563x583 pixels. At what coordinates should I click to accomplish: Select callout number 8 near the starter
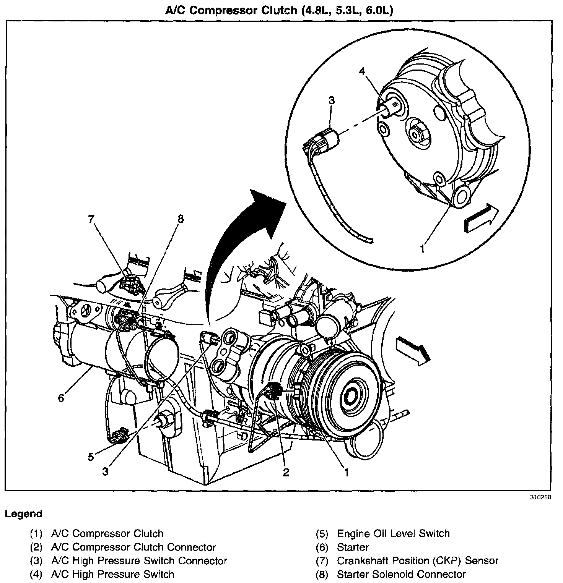pyautogui.click(x=180, y=219)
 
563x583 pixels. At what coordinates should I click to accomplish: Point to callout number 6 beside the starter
pyautogui.click(x=61, y=398)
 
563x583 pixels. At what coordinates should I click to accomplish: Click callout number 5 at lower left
pyautogui.click(x=91, y=457)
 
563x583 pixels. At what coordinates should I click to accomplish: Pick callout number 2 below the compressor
pyautogui.click(x=285, y=473)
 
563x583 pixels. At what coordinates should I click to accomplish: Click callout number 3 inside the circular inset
pyautogui.click(x=331, y=100)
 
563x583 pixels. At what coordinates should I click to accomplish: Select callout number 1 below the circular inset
pyautogui.click(x=422, y=249)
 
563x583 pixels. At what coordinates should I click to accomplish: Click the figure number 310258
pyautogui.click(x=541, y=497)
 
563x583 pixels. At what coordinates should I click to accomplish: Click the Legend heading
pyautogui.click(x=24, y=514)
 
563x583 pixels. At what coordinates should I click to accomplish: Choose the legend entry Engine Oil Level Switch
pyautogui.click(x=393, y=533)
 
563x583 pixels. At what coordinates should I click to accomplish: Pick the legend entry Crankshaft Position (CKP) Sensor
pyautogui.click(x=417, y=560)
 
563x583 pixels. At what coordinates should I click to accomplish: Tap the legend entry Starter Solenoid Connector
pyautogui.click(x=401, y=574)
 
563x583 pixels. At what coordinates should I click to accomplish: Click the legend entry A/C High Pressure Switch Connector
pyautogui.click(x=150, y=560)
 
